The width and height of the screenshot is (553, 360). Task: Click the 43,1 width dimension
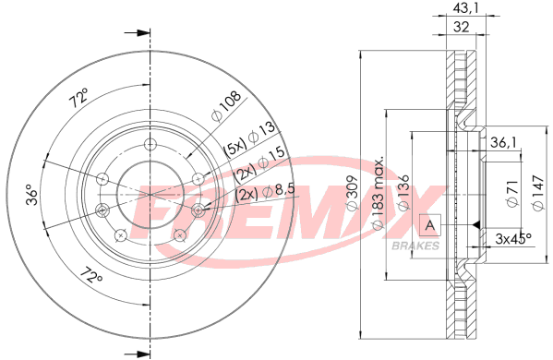coord(466,8)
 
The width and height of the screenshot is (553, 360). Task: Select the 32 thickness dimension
coord(461,27)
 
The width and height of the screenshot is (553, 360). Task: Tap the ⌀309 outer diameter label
coord(352,193)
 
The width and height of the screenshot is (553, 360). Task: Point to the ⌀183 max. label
coord(379,193)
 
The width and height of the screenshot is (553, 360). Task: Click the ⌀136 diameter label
coord(403,192)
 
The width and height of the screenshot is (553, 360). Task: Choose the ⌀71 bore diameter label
coord(512,193)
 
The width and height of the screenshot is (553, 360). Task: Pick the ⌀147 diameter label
coord(538,193)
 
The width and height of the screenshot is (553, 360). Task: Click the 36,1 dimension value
coord(503,142)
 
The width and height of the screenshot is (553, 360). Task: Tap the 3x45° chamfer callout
coord(513,239)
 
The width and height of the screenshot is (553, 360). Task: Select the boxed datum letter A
coord(430,225)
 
